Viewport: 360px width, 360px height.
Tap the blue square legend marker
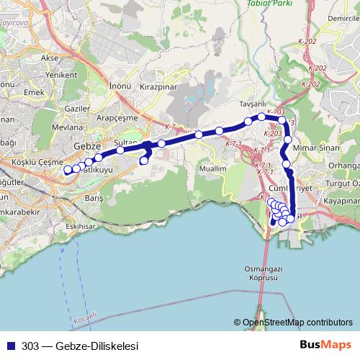(11, 345)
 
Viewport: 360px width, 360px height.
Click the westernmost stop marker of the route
(68, 171)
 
